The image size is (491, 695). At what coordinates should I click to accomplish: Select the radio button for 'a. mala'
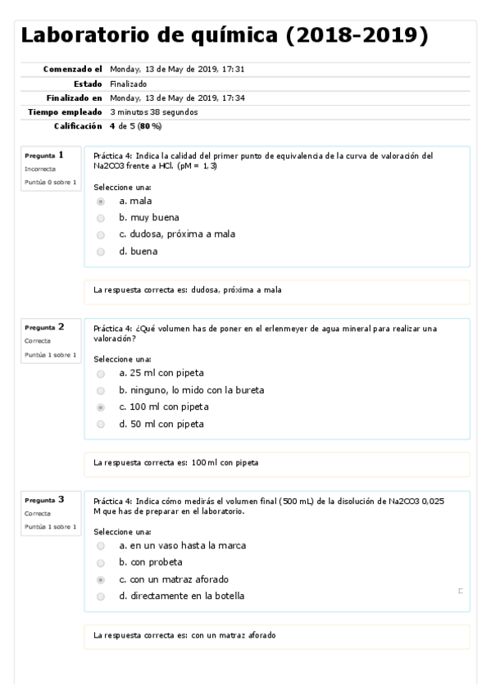tap(101, 201)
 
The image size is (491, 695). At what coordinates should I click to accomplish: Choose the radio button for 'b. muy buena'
tap(101, 218)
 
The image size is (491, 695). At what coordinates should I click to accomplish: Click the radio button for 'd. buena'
tap(101, 252)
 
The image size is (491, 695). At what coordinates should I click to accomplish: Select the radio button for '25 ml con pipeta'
tap(101, 374)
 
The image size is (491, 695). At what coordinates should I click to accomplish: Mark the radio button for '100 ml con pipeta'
tap(101, 407)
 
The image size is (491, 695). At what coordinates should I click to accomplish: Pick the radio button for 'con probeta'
tap(101, 562)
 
